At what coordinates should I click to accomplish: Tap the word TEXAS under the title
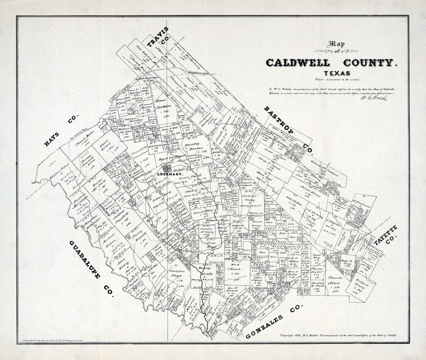pos(338,73)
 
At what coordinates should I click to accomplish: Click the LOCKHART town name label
pos(170,175)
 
